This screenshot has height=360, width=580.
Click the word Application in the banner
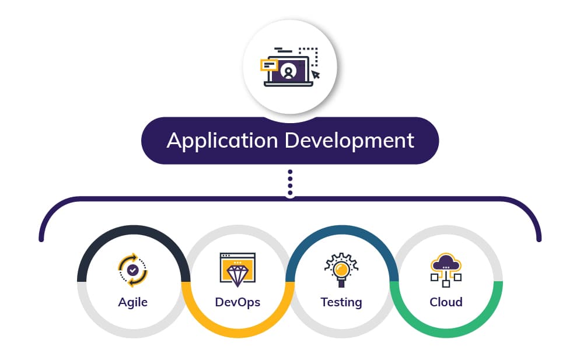click(222, 141)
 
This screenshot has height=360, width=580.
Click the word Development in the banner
click(349, 141)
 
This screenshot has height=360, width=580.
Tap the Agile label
click(133, 303)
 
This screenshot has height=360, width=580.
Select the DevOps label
click(237, 302)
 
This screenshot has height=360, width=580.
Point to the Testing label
click(341, 303)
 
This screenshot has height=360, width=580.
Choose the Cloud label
click(446, 302)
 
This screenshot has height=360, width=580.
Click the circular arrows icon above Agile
click(133, 270)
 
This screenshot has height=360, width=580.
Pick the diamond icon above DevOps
click(237, 270)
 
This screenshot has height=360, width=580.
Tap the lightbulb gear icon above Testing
click(341, 270)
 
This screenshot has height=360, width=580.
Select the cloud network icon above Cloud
click(446, 270)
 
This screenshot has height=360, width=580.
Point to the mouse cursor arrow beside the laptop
click(316, 75)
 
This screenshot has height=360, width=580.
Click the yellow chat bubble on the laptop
click(270, 65)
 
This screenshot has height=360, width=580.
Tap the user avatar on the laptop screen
click(288, 71)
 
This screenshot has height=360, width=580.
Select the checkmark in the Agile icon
click(133, 270)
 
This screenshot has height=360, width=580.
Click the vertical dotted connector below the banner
click(290, 183)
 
